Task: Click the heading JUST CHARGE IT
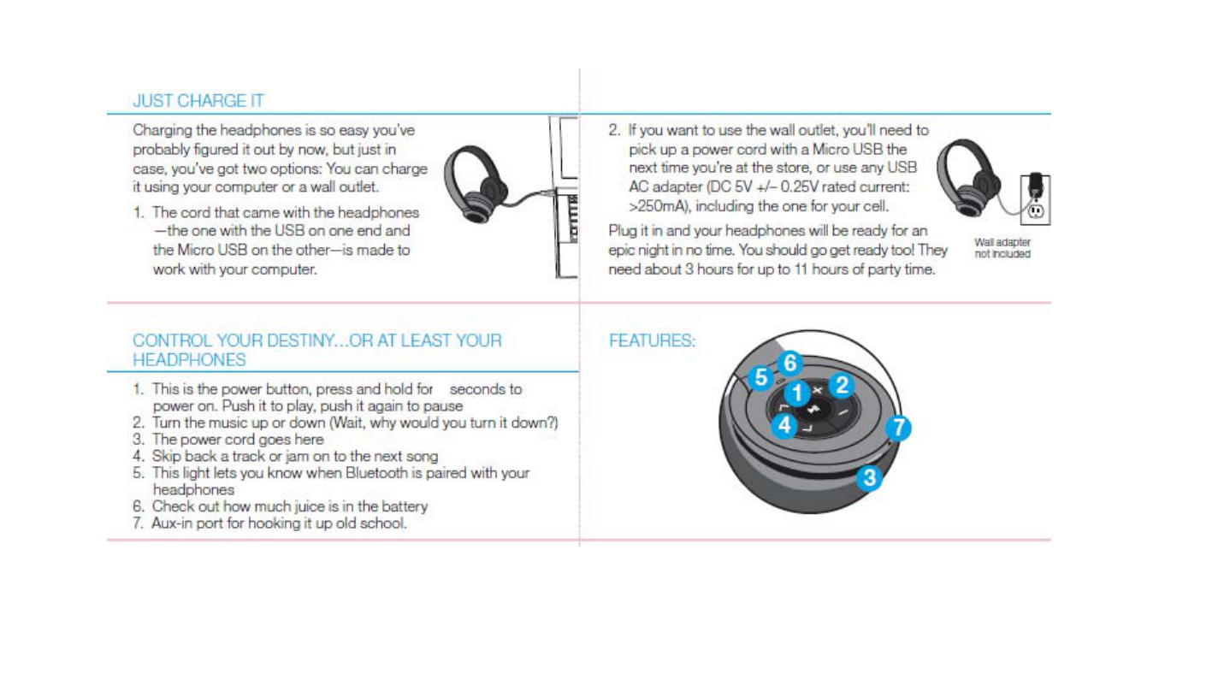[x=198, y=101]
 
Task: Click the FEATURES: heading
[x=652, y=340]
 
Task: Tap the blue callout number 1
[x=796, y=393]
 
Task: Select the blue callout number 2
[x=842, y=385]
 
